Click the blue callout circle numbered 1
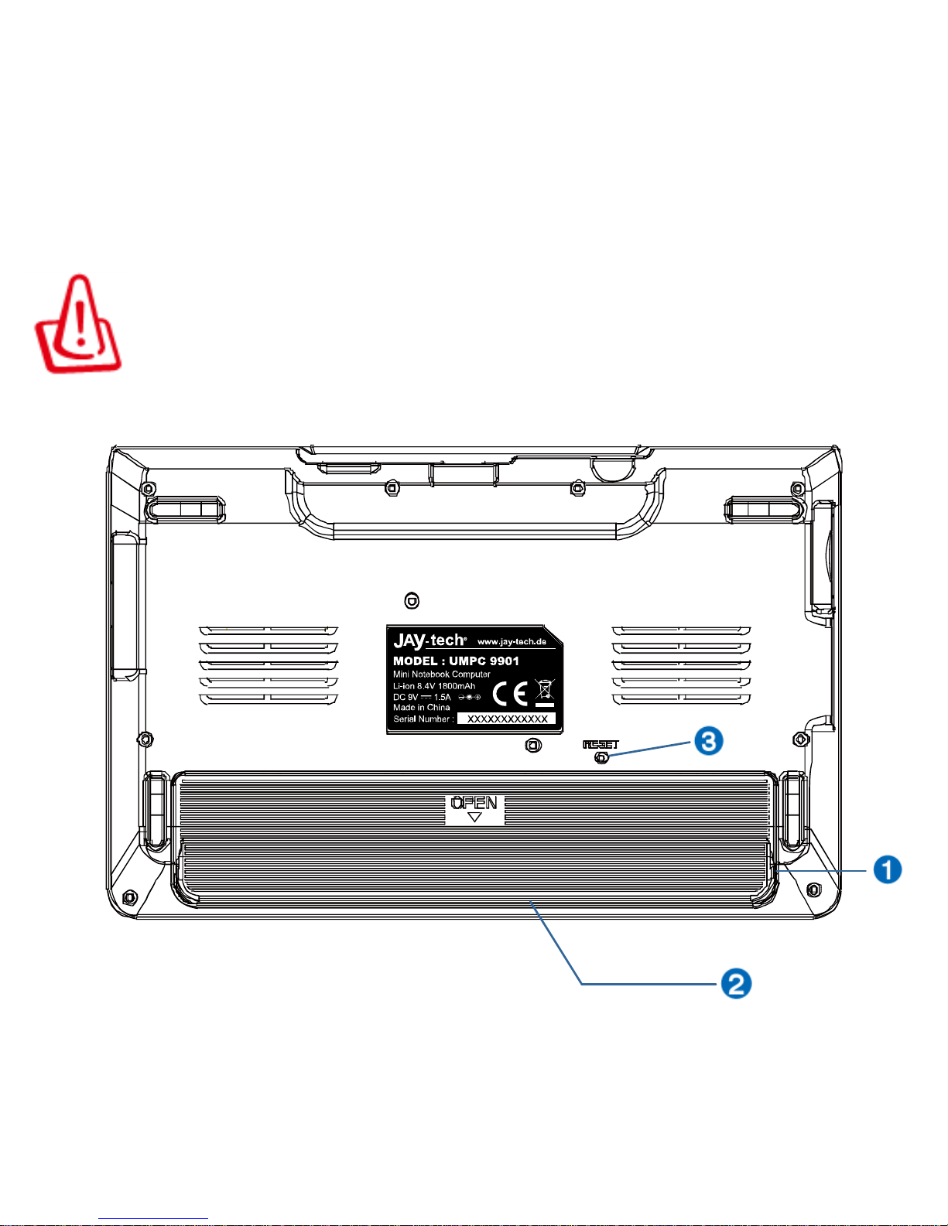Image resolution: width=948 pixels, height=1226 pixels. click(x=887, y=869)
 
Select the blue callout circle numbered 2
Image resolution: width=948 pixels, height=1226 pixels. click(x=736, y=984)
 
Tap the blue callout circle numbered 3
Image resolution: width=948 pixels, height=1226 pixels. click(x=708, y=741)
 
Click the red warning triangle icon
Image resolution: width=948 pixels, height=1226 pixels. click(x=77, y=325)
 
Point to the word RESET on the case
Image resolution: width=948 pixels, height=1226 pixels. click(x=601, y=744)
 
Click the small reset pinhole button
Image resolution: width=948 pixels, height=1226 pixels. click(x=601, y=758)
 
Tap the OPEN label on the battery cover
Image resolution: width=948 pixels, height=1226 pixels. click(x=474, y=803)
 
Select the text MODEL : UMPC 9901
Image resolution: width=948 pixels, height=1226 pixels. click(x=456, y=661)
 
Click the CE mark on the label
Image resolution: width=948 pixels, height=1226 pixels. click(x=510, y=694)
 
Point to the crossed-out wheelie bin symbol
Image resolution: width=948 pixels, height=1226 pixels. click(x=545, y=692)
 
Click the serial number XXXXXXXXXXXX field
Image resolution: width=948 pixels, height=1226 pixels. click(x=507, y=719)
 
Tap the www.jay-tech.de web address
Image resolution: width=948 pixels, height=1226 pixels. click(x=512, y=641)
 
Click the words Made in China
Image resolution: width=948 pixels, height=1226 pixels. click(x=421, y=707)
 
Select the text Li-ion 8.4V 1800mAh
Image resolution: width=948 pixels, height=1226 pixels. click(x=434, y=685)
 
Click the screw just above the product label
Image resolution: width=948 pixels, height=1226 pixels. click(x=412, y=600)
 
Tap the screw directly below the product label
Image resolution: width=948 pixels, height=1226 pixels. click(x=532, y=745)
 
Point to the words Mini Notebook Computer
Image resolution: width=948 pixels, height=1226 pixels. click(x=441, y=674)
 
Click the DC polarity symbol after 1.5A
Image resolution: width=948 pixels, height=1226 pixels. click(x=469, y=697)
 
